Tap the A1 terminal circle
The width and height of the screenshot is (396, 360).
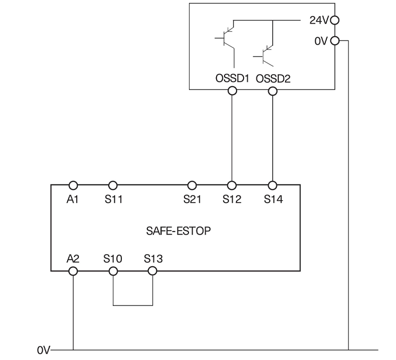(73, 185)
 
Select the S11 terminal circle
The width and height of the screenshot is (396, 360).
(113, 185)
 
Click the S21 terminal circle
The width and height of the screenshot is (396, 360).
(192, 185)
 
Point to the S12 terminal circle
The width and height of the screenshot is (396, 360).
(232, 185)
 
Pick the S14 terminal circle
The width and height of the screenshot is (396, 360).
(273, 185)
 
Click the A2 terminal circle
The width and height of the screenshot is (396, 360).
(73, 271)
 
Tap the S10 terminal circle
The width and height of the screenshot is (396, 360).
(113, 271)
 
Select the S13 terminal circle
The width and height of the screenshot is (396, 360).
(153, 271)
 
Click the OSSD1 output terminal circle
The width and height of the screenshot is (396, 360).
(232, 91)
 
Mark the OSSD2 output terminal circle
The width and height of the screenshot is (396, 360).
(273, 91)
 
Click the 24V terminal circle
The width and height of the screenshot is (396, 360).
(335, 21)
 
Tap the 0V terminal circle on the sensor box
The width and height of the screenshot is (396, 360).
(335, 41)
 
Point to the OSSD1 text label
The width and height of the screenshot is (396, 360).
(232, 79)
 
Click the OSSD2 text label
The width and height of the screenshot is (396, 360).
(273, 79)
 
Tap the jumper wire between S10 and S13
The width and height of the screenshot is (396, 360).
(133, 304)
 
